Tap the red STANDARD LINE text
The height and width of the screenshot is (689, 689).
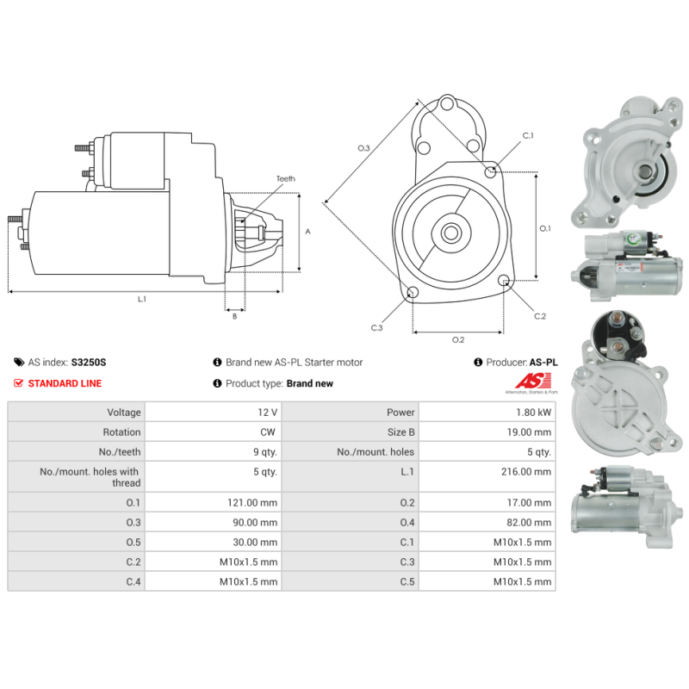click(x=65, y=383)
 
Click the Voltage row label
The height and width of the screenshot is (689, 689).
click(x=123, y=413)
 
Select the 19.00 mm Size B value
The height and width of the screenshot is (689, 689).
click(x=529, y=432)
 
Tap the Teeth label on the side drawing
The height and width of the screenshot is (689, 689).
click(x=285, y=179)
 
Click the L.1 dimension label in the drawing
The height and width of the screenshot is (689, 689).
click(x=142, y=300)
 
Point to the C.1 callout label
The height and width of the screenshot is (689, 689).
click(x=528, y=136)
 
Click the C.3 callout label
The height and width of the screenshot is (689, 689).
click(x=377, y=328)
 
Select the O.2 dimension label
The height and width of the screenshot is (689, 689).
click(x=458, y=339)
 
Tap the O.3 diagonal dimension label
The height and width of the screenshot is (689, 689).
click(x=363, y=148)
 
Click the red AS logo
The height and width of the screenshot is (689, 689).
click(x=526, y=381)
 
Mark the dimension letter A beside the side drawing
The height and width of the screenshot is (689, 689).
click(x=307, y=231)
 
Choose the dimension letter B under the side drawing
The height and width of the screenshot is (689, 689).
click(x=234, y=316)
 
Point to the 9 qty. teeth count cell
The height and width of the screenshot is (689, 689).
click(x=263, y=452)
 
